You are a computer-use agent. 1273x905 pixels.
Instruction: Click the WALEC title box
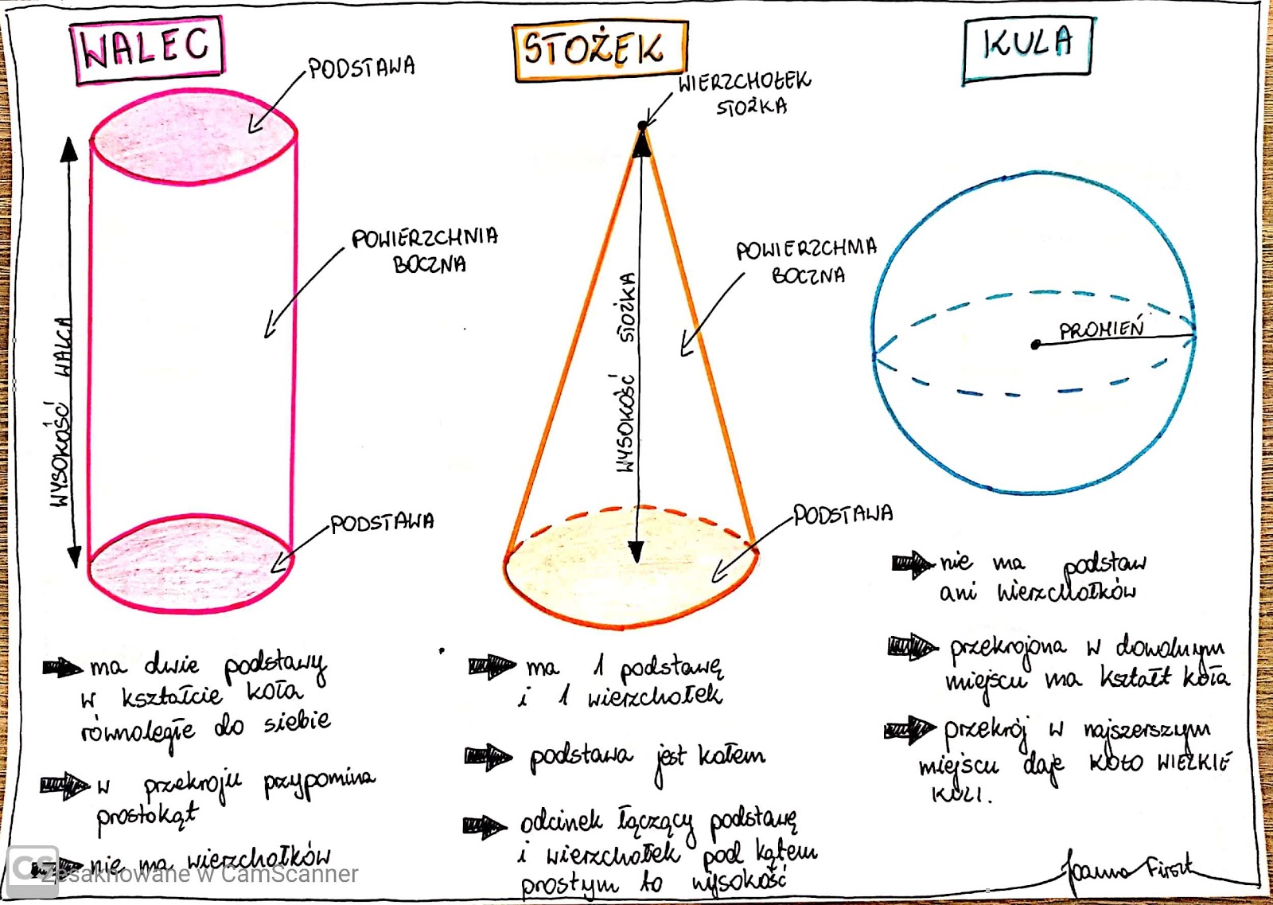pyautogui.click(x=147, y=49)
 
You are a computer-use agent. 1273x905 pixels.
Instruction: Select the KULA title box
pyautogui.click(x=1026, y=49)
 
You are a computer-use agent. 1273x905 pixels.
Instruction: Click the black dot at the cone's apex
pyautogui.click(x=642, y=126)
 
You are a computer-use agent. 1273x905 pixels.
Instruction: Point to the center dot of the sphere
pyautogui.click(x=1035, y=345)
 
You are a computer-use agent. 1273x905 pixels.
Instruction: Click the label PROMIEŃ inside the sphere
pyautogui.click(x=1101, y=329)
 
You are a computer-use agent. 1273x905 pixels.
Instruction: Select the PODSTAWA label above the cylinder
pyautogui.click(x=362, y=68)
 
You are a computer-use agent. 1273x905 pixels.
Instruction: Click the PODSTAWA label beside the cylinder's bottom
pyautogui.click(x=382, y=523)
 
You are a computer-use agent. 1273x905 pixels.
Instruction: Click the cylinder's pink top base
pyautogui.click(x=193, y=137)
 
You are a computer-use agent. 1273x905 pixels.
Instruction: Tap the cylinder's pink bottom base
pyautogui.click(x=191, y=563)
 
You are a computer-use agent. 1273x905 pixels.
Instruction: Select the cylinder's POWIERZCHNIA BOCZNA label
pyautogui.click(x=426, y=250)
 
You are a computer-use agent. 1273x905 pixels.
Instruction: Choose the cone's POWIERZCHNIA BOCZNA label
pyautogui.click(x=806, y=261)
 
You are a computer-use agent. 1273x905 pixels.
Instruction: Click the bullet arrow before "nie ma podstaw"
pyautogui.click(x=912, y=564)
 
